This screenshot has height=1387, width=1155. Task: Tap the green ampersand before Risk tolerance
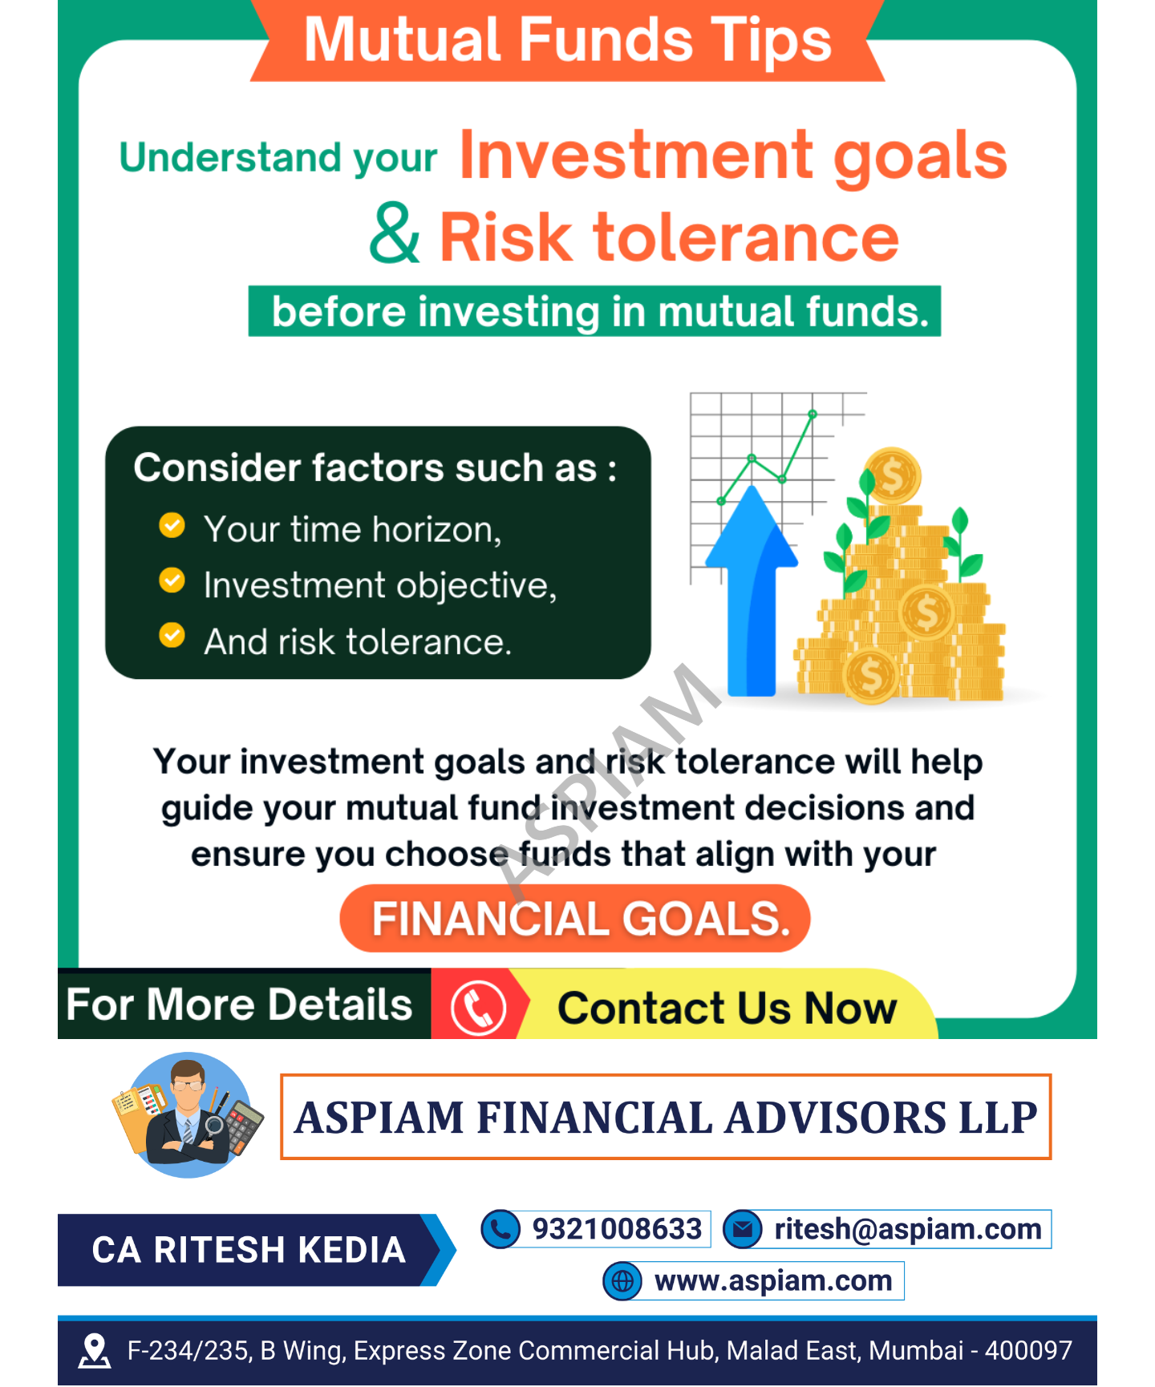(x=394, y=234)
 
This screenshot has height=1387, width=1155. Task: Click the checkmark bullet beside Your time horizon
(x=172, y=526)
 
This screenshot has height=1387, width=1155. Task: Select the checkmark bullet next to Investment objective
(x=172, y=580)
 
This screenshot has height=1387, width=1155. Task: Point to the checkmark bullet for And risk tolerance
(x=172, y=636)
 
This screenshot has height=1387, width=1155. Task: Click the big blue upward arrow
(x=752, y=593)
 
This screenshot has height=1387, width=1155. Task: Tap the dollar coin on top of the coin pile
(x=892, y=476)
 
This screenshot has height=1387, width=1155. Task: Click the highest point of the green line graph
(x=813, y=414)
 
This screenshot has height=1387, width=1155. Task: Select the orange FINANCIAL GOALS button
(x=575, y=919)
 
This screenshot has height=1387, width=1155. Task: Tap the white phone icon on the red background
(x=478, y=1008)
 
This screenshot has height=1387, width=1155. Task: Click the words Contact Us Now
(x=727, y=1008)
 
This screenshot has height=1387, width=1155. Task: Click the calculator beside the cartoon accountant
(x=245, y=1127)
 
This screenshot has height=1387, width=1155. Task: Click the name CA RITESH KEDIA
(x=249, y=1250)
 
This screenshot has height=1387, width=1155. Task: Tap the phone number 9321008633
(x=617, y=1229)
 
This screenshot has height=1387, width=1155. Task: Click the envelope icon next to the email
(x=743, y=1229)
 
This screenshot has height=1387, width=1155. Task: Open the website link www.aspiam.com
(x=772, y=1281)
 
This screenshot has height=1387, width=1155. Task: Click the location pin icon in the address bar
(x=95, y=1351)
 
